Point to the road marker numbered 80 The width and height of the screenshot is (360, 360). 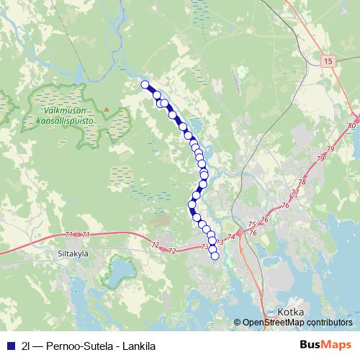[351, 126]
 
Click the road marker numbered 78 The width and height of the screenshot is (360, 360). [302, 182]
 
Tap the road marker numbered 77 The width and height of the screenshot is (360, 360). [294, 193]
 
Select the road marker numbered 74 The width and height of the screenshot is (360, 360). [231, 236]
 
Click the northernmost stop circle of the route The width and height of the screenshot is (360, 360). [145, 85]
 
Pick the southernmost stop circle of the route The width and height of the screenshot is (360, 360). [215, 256]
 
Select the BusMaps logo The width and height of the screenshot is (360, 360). [325, 345]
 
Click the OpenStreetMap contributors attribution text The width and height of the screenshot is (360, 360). [297, 323]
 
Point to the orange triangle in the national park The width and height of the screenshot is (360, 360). [107, 109]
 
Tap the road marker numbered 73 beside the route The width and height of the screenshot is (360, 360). [206, 247]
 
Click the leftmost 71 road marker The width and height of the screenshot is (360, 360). [69, 235]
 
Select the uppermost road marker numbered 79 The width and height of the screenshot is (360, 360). [331, 148]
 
